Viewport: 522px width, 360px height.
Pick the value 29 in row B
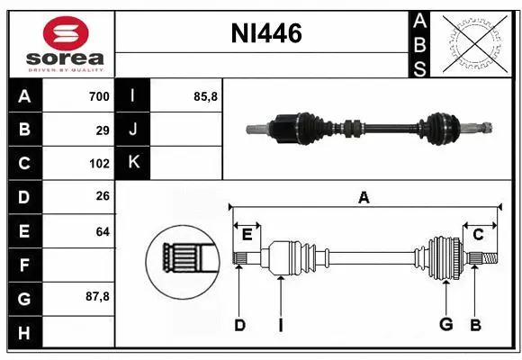[103, 130]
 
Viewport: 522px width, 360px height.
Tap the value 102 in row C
[99, 164]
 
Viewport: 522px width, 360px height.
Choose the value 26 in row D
[103, 197]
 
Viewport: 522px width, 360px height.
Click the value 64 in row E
[103, 231]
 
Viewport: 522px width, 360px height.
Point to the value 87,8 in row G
[97, 296]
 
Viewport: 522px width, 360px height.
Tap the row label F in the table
[24, 265]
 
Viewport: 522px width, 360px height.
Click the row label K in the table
[133, 163]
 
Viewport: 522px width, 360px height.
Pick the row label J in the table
[133, 130]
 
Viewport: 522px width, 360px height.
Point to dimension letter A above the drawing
[364, 198]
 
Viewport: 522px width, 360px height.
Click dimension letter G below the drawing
[445, 326]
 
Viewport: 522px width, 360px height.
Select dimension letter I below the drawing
[280, 326]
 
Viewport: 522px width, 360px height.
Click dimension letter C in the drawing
[479, 234]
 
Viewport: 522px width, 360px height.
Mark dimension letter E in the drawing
[247, 234]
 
